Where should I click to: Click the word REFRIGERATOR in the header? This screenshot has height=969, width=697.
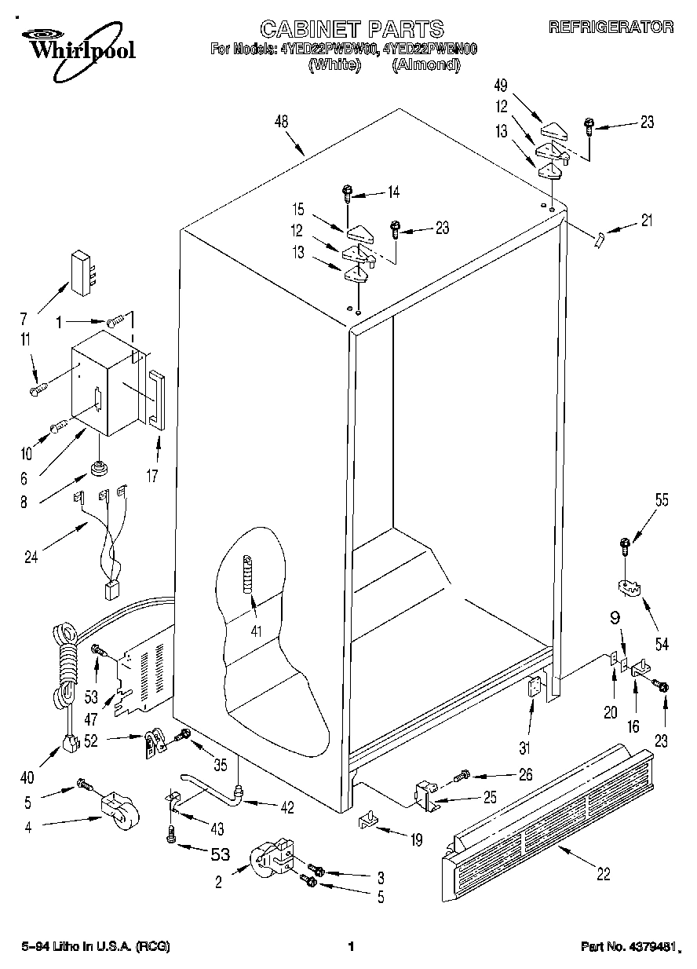coord(610,27)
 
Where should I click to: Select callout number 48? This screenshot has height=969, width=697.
coord(281,122)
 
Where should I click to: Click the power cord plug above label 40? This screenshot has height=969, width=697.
coord(70,741)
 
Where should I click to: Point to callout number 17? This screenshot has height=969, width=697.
coord(154,474)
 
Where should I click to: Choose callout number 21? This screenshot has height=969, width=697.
coord(646,221)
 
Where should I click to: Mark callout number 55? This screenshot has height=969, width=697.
coord(662,499)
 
